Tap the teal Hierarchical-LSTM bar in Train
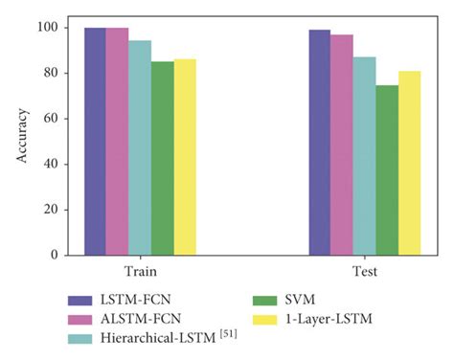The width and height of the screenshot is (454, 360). click(140, 147)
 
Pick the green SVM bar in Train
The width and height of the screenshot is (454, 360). click(162, 158)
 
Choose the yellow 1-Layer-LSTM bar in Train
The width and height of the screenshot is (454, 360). click(185, 157)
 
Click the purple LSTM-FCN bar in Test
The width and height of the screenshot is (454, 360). click(319, 143)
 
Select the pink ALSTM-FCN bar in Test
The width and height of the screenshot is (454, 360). click(342, 146)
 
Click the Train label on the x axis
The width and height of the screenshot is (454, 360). click(140, 272)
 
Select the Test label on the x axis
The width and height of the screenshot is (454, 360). click(364, 272)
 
